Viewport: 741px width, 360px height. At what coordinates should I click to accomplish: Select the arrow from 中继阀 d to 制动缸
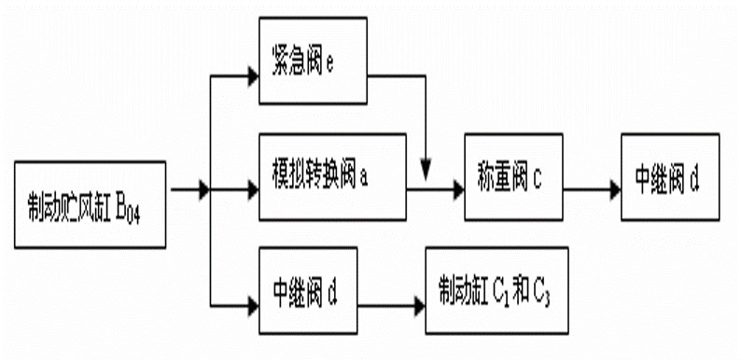[x=391, y=302]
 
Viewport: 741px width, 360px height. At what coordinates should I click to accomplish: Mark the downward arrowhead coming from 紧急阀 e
[x=426, y=171]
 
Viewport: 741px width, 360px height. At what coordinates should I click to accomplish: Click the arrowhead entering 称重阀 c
[x=457, y=189]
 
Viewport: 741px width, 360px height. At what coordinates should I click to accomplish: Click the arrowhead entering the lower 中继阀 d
[x=253, y=302]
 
